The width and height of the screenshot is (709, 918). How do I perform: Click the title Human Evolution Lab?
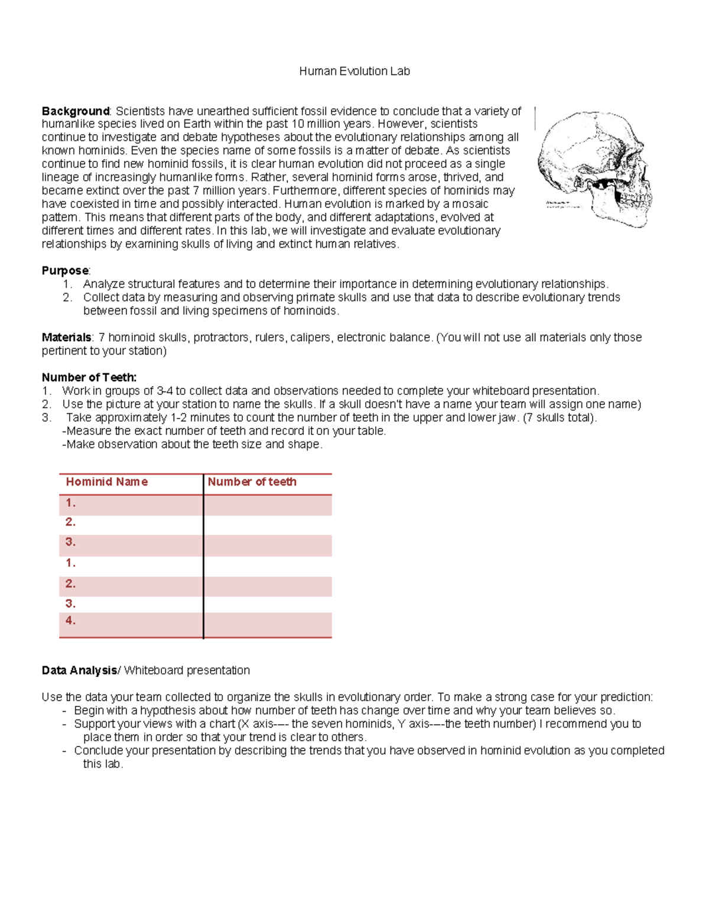point(354,72)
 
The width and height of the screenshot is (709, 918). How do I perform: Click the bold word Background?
point(75,111)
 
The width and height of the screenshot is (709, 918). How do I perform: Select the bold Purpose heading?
point(65,271)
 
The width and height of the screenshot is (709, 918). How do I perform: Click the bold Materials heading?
point(66,338)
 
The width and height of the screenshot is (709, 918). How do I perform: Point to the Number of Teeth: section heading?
point(89,377)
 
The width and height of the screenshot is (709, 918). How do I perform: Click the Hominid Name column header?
point(107,482)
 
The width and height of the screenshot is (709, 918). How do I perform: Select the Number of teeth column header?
point(252,482)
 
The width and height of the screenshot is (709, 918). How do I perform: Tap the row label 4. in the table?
point(71,621)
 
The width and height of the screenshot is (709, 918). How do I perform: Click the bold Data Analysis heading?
point(79,670)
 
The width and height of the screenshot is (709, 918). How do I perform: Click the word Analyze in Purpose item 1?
point(103,284)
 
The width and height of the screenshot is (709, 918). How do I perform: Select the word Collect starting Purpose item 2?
point(102,297)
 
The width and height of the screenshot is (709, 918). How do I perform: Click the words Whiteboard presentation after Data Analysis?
point(187,670)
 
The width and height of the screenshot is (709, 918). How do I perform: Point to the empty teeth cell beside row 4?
point(268,624)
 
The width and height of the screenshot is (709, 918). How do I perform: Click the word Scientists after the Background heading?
point(140,111)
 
